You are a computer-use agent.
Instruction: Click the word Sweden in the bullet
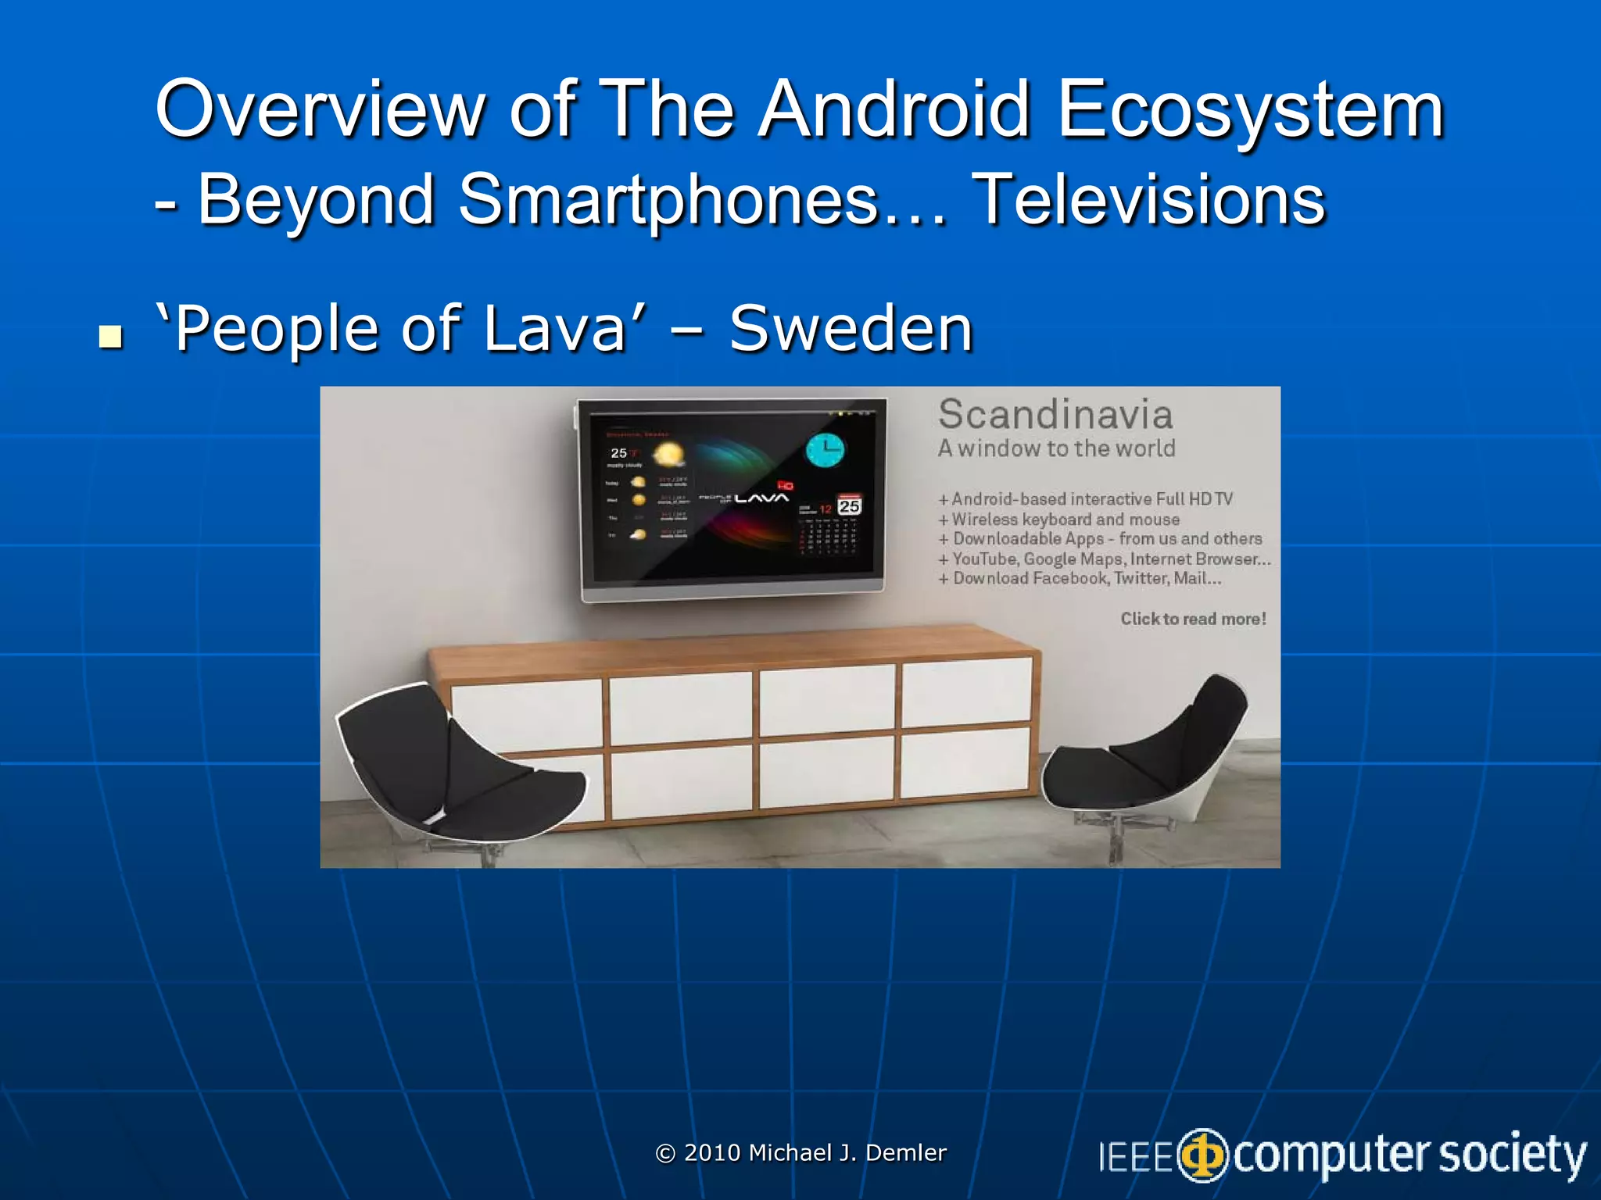(851, 329)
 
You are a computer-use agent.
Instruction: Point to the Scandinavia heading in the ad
(1055, 415)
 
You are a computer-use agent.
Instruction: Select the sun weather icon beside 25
(668, 455)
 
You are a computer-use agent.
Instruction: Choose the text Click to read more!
(1193, 619)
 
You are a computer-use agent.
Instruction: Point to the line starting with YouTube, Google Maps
(1110, 559)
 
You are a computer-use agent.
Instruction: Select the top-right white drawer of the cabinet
(966, 691)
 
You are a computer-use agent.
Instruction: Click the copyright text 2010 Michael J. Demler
(801, 1152)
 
